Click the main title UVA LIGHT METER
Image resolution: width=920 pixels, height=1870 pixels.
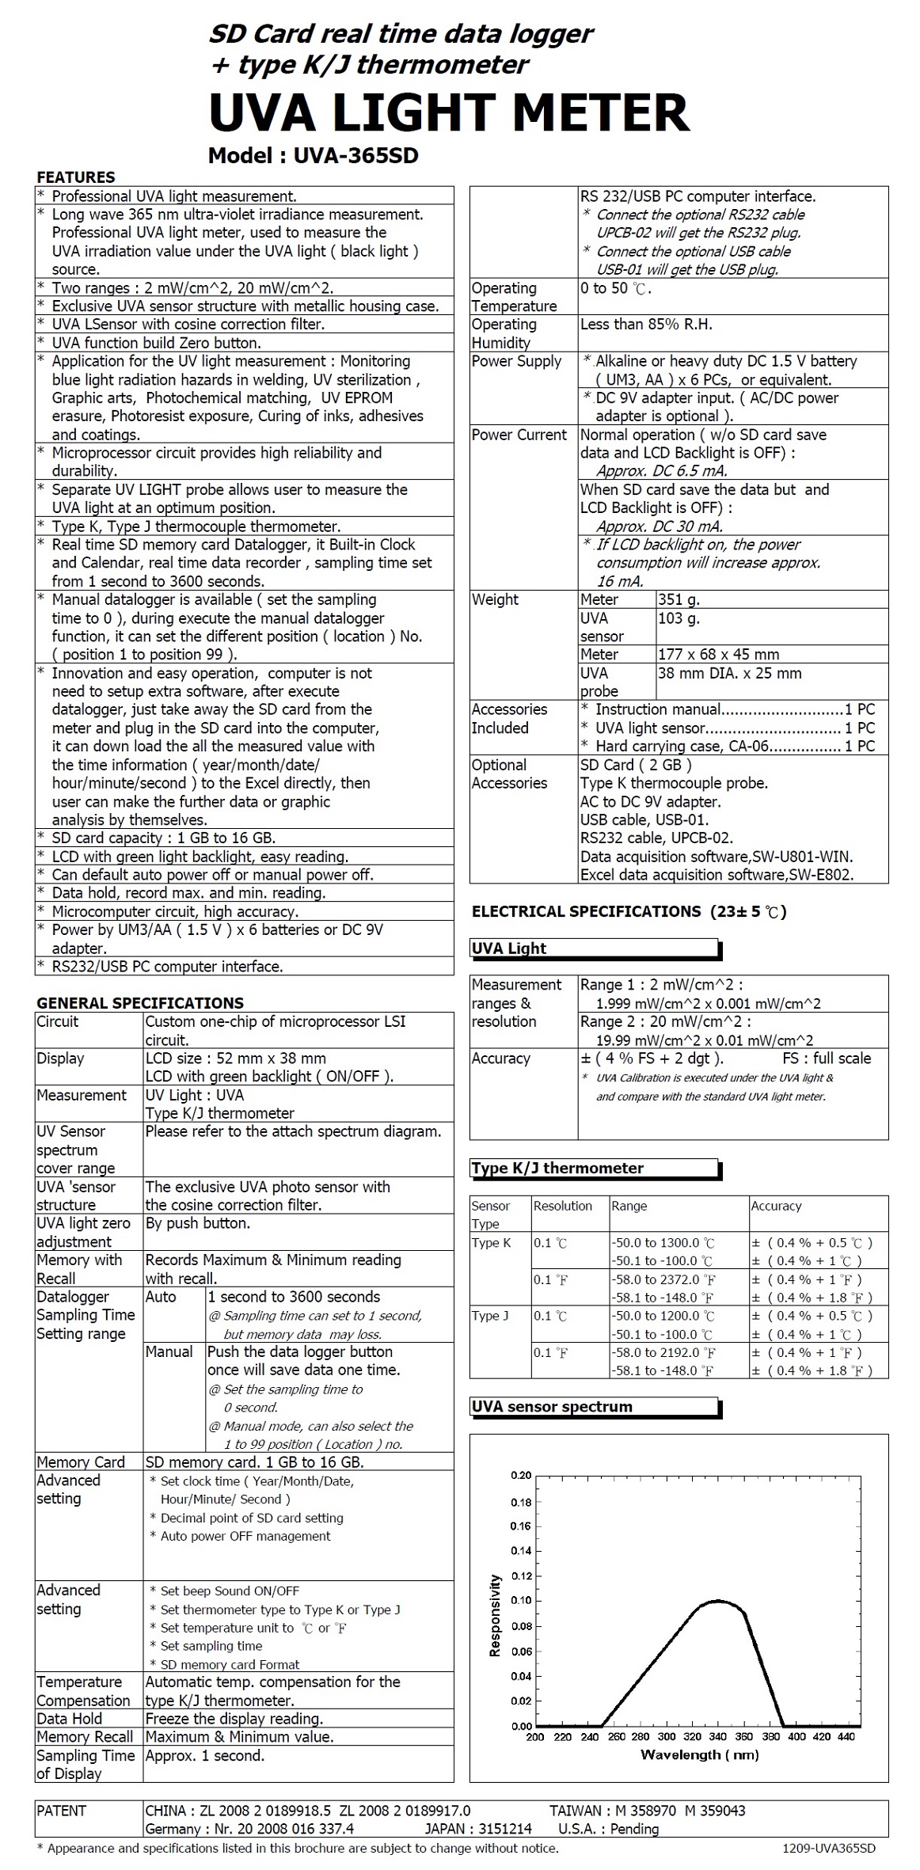[x=449, y=112]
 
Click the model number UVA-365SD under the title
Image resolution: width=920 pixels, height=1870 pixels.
[x=313, y=156]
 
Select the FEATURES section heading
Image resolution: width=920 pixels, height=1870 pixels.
[x=76, y=177]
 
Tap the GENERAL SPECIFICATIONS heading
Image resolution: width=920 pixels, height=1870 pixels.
[x=140, y=1002]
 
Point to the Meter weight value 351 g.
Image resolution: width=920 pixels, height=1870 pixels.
[x=679, y=599]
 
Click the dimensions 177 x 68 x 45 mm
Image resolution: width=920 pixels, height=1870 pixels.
[x=718, y=655]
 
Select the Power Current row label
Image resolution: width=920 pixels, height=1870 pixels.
[x=519, y=435]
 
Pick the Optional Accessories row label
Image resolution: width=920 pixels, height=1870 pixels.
[x=509, y=774]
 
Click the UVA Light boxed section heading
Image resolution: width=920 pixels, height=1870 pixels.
[x=509, y=948]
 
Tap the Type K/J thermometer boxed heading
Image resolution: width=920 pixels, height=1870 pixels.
[x=557, y=1168]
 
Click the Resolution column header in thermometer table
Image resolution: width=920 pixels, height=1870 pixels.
[x=562, y=1206]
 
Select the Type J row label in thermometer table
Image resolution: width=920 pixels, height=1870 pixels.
[x=490, y=1316]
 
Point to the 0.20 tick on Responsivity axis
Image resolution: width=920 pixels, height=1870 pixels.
[x=522, y=1475]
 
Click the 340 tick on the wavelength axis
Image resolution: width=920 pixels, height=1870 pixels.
[x=717, y=1737]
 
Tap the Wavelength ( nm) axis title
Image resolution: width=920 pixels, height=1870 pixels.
[x=699, y=1755]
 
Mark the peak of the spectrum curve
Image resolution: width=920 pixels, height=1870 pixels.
[x=717, y=1601]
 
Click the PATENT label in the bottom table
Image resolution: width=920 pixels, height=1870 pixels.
[x=61, y=1811]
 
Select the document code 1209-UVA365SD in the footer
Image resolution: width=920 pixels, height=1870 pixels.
[x=828, y=1849]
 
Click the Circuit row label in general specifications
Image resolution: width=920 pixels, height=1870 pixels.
[x=58, y=1021]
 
